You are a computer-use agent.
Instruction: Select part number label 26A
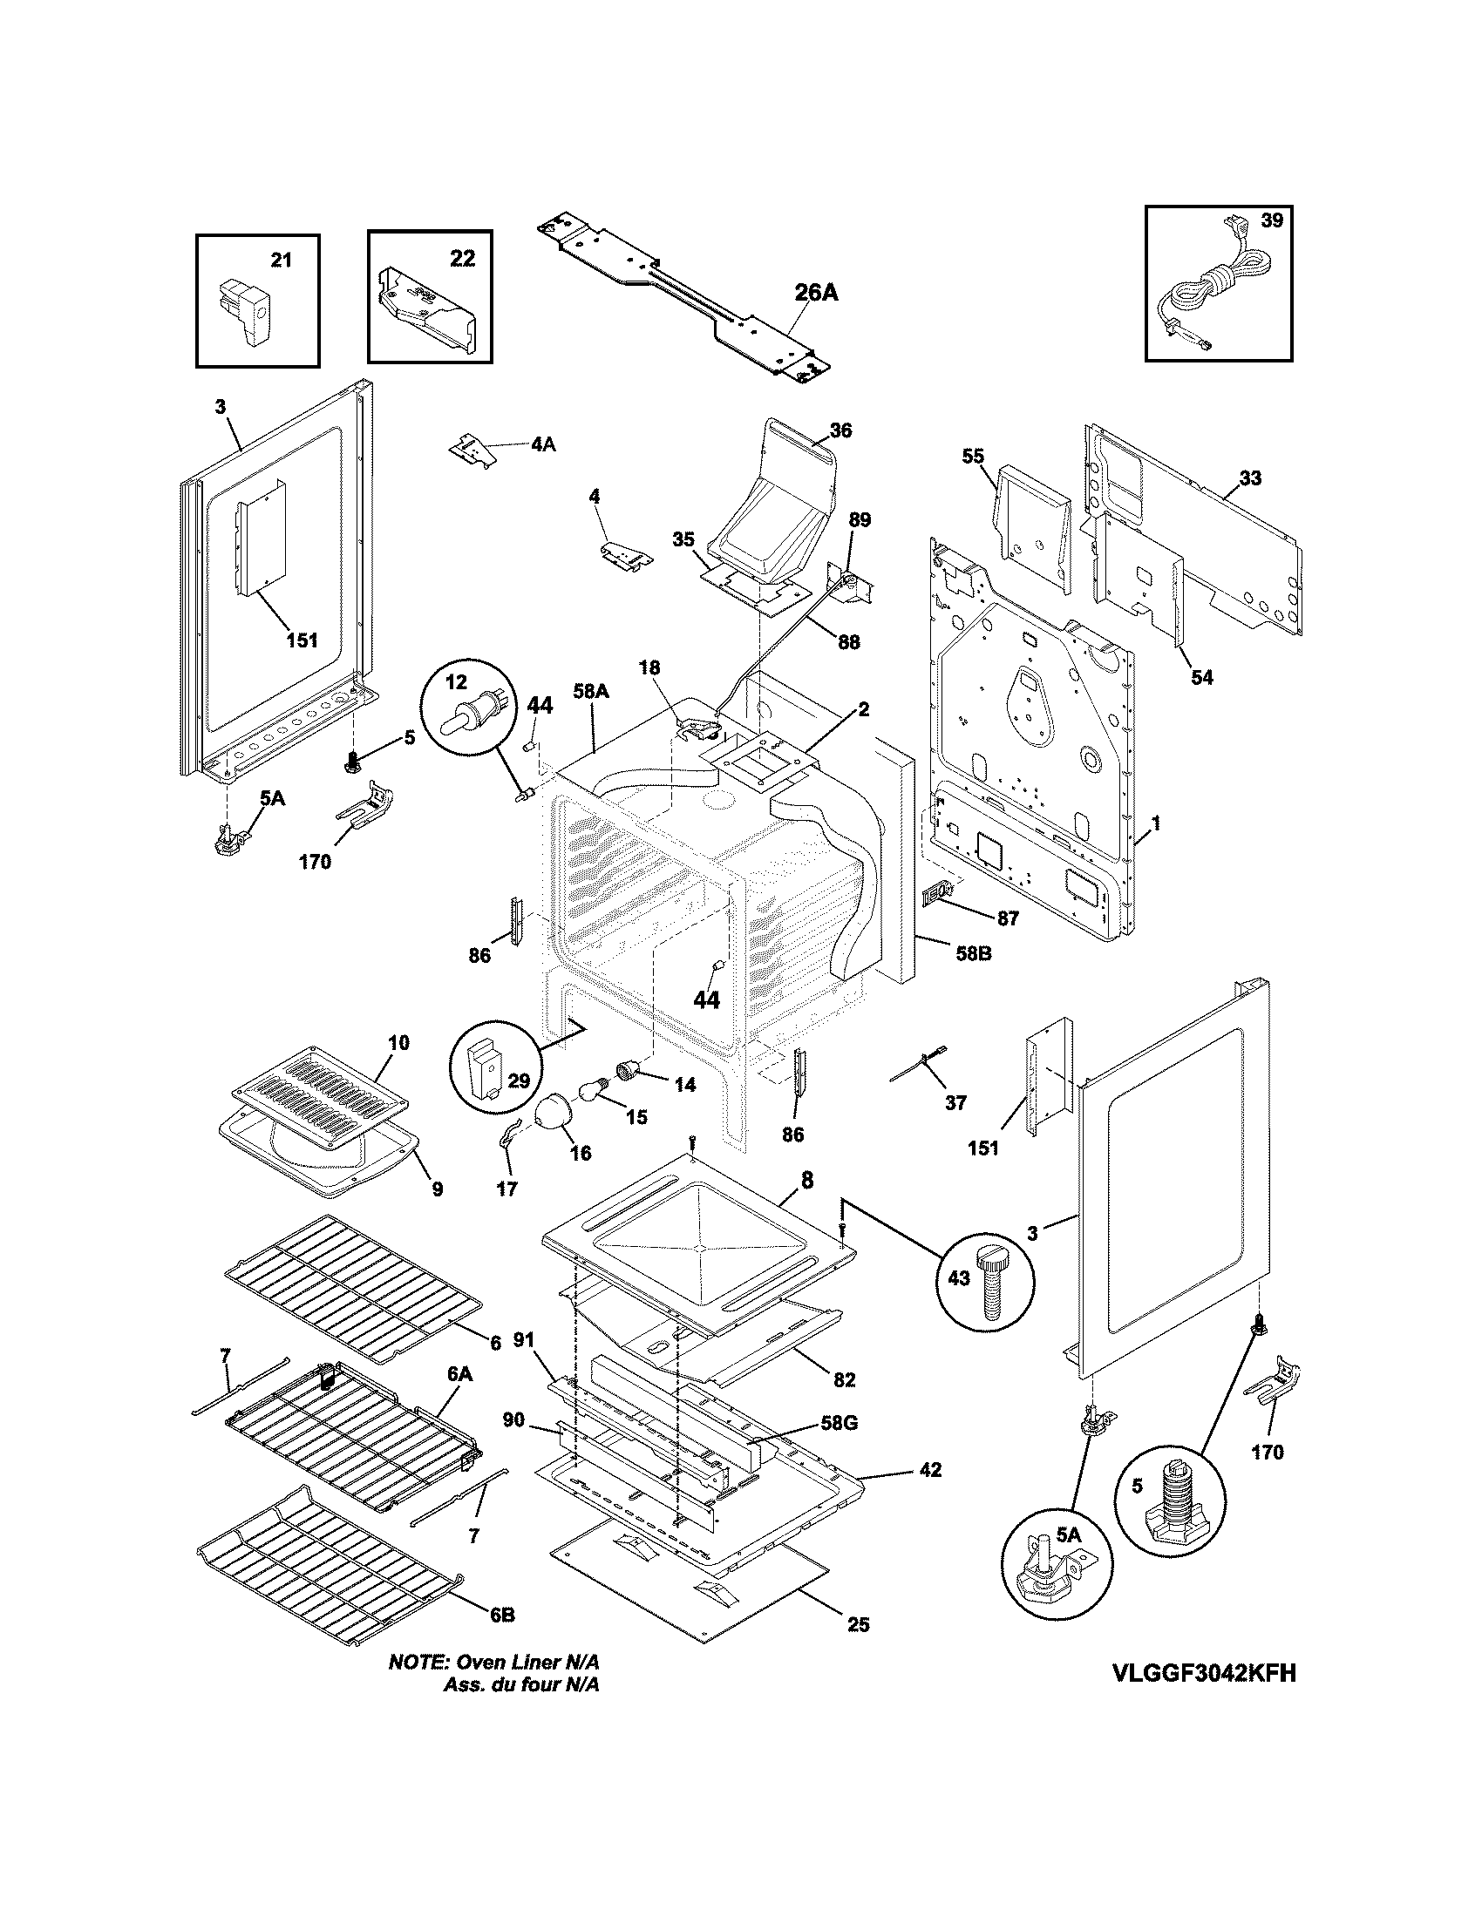pyautogui.click(x=816, y=293)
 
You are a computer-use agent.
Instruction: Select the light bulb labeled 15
pyautogui.click(x=590, y=1093)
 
